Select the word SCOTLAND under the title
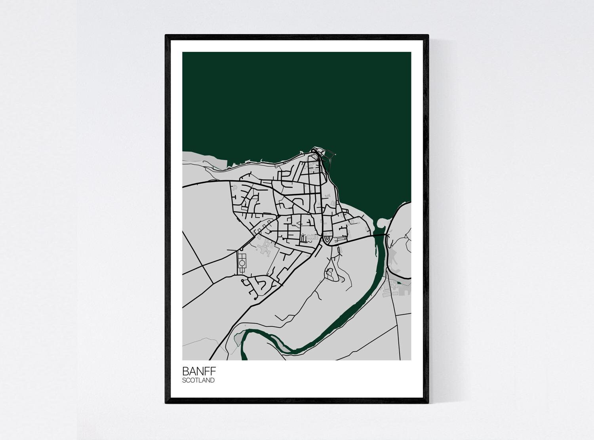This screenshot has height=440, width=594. (x=198, y=381)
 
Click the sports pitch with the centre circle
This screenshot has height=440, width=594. (x=242, y=262)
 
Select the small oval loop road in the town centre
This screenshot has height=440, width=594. (x=327, y=239)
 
